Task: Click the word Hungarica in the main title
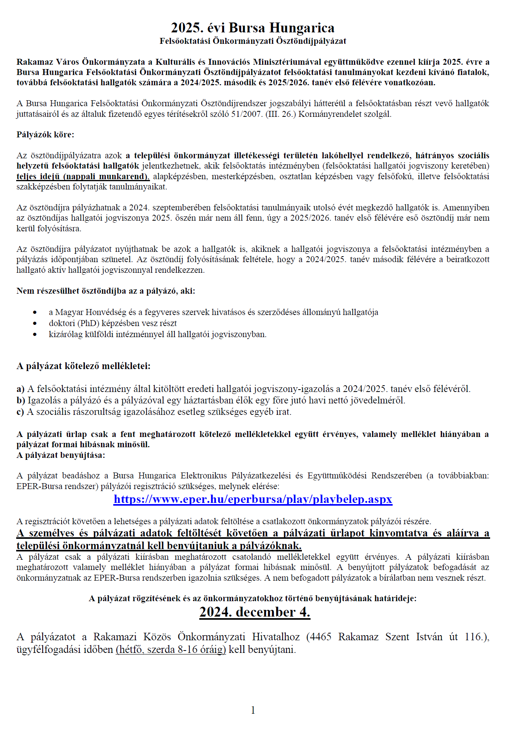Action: [302, 28]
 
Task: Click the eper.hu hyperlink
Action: [253, 499]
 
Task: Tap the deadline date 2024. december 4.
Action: [255, 612]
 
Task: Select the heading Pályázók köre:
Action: [45, 135]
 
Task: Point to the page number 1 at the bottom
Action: [253, 711]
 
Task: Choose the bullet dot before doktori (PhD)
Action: [35, 323]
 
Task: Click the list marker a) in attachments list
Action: [21, 389]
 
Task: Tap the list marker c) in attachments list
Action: [21, 412]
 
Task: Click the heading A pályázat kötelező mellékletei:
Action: [83, 366]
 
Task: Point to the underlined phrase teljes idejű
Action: [38, 176]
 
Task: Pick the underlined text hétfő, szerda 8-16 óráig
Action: [170, 649]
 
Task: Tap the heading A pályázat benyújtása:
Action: [61, 455]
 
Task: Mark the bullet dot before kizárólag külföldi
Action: [35, 334]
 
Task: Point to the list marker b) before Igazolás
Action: [21, 400]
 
